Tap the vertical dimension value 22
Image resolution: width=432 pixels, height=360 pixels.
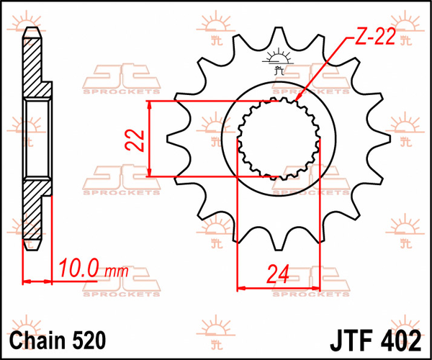pos(132,138)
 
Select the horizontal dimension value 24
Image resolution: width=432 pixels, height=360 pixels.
pos(277,274)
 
